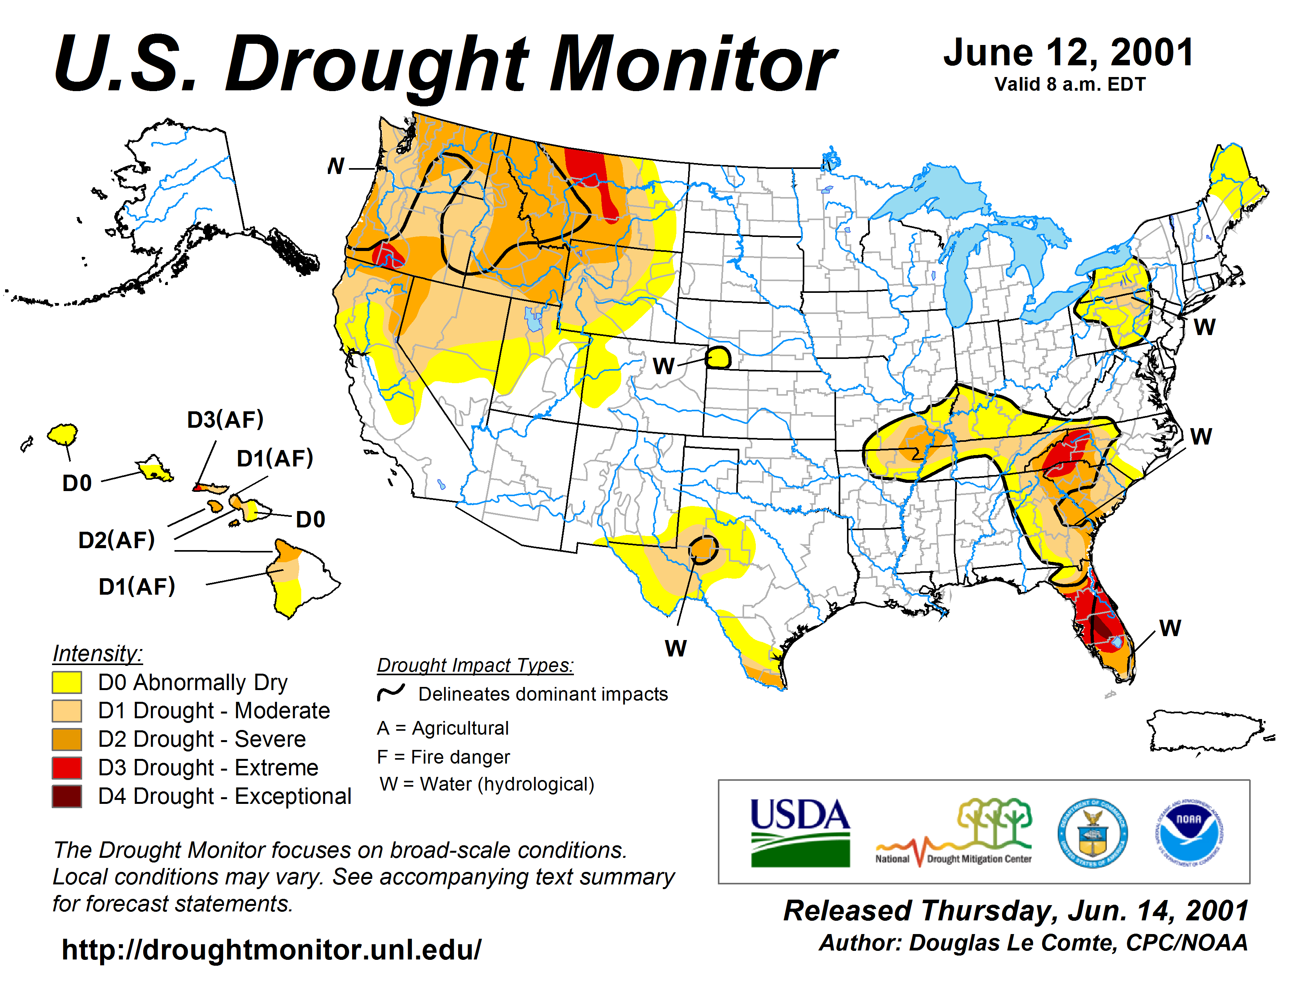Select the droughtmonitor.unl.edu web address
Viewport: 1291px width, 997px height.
(272, 950)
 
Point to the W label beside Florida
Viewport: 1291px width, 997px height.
(1170, 628)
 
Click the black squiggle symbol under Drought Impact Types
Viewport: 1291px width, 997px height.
(391, 693)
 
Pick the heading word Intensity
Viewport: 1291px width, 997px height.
(97, 654)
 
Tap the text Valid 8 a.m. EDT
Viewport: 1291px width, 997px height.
(1070, 84)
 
